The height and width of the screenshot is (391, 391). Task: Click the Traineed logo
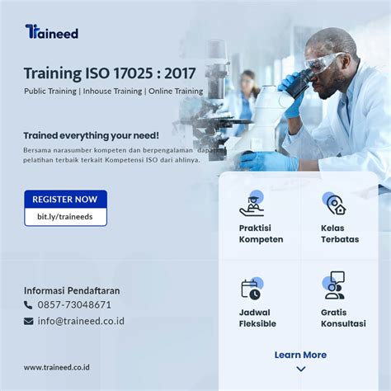coord(52,31)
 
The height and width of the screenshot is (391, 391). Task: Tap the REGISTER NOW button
coord(65,199)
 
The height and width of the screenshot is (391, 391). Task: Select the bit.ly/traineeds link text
coord(65,217)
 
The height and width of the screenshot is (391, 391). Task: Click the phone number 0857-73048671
coord(74,304)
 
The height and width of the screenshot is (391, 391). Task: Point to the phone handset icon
coord(28,305)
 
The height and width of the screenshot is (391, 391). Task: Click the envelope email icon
coord(28,321)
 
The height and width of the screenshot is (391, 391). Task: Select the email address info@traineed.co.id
coord(81,321)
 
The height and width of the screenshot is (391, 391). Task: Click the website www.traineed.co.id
coord(57,367)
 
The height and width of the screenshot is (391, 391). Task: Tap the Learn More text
coord(300,355)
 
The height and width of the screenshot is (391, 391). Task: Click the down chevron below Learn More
coord(301,369)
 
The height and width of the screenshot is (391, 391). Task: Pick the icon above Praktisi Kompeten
coord(252,204)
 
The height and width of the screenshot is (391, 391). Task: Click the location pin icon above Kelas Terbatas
coord(335,204)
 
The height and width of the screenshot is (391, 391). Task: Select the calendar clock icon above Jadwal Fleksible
coord(252,288)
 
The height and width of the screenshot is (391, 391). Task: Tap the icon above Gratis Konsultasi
coord(334,285)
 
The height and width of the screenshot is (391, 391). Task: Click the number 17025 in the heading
coord(133,73)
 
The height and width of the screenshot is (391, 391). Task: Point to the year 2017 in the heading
coord(180,73)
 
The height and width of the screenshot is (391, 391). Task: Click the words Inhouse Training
coord(112,91)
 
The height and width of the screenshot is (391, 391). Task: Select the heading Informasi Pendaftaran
coord(72,290)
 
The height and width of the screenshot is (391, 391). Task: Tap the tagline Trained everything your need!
coord(92,135)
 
